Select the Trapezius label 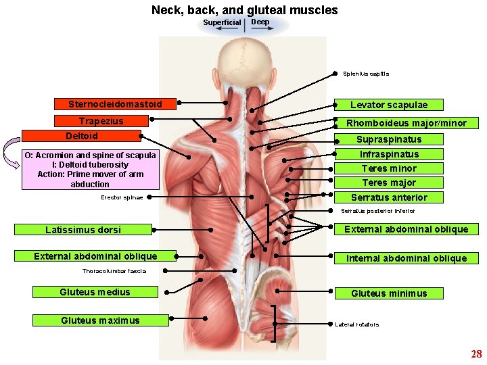(101, 122)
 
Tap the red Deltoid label (81, 136)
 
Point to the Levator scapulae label (389, 105)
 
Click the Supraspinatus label (389, 139)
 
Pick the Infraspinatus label (389, 154)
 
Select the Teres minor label (389, 168)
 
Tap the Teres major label (389, 182)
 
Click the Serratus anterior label (389, 197)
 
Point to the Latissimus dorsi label (83, 230)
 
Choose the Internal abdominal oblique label (407, 258)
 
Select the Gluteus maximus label (100, 320)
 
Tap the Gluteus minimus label (389, 293)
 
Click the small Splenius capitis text (366, 74)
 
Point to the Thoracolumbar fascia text (114, 271)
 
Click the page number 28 (476, 354)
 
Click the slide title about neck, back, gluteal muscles (244, 10)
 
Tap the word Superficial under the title (222, 22)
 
